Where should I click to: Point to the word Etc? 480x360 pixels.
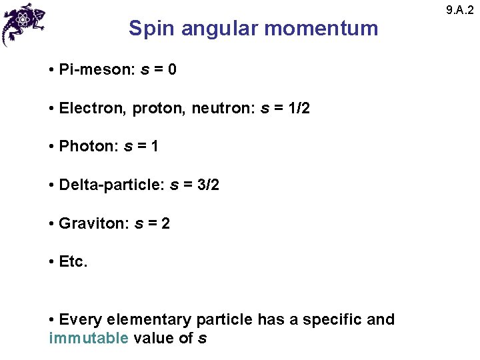pyautogui.click(x=73, y=262)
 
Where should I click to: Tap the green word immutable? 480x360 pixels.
pyautogui.click(x=89, y=338)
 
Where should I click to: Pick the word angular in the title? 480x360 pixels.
pyautogui.click(x=218, y=29)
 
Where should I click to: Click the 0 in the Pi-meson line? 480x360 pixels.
pyautogui.click(x=172, y=69)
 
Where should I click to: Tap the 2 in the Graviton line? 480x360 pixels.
pyautogui.click(x=165, y=223)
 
